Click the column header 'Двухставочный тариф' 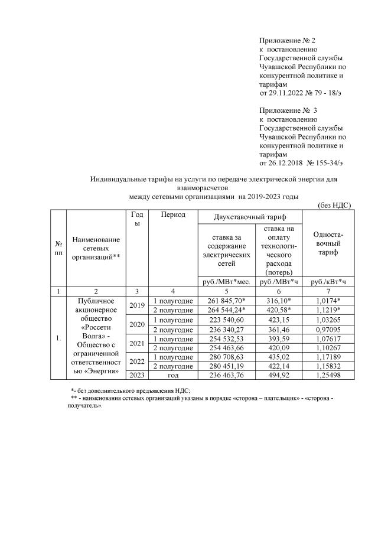250,218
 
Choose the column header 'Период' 173,214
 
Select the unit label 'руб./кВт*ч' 328,282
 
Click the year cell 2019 136,305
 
